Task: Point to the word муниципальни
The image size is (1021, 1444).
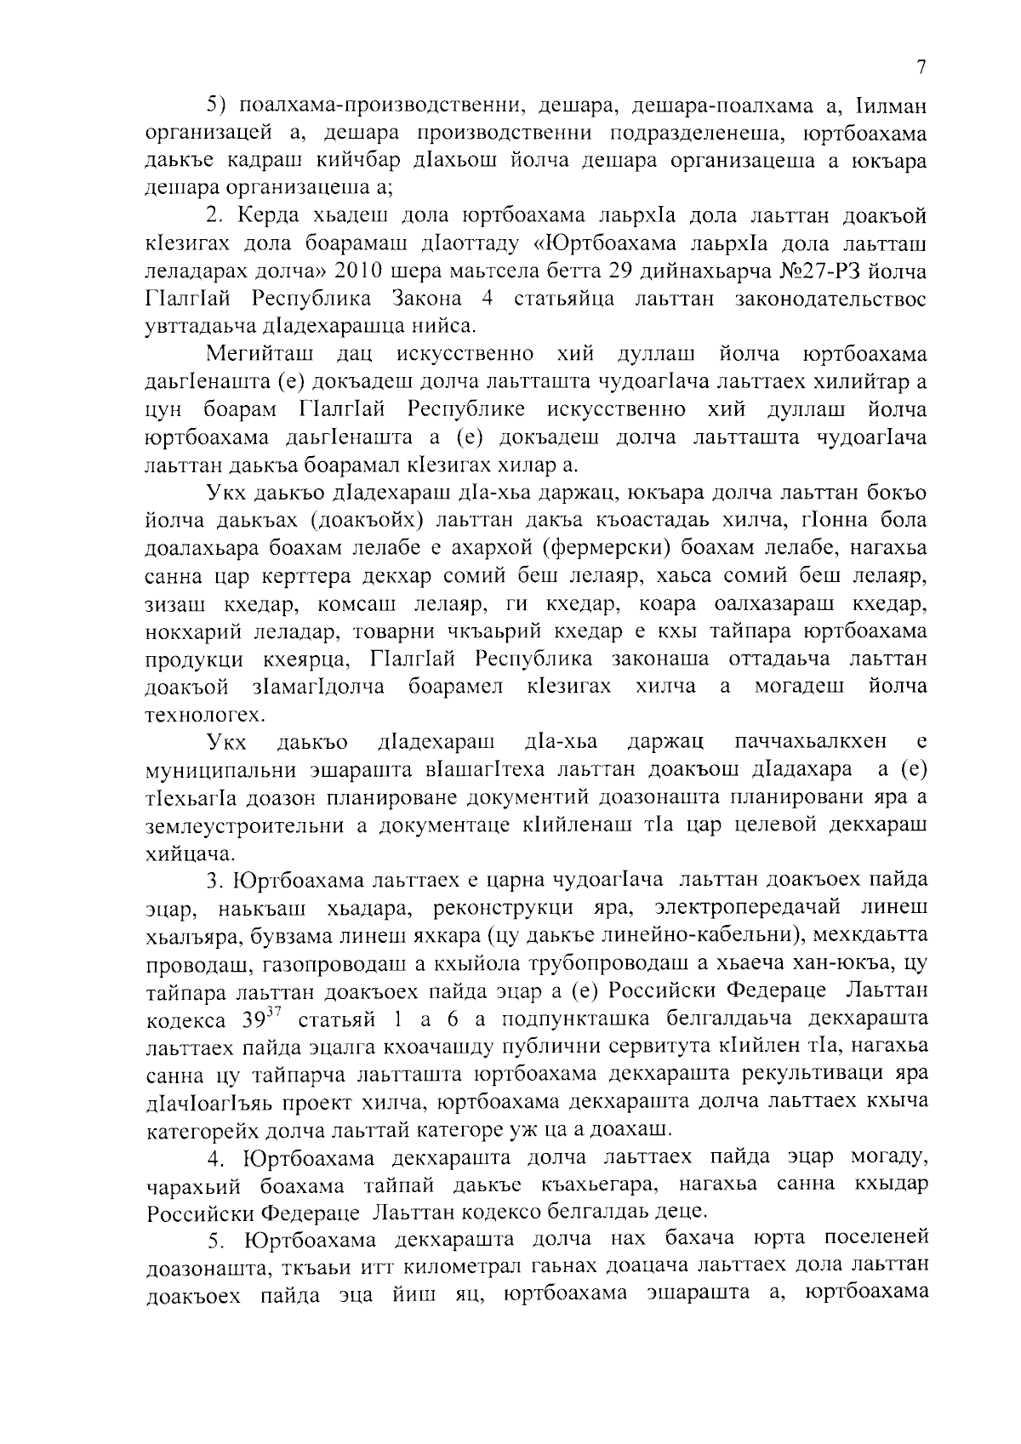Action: tap(220, 770)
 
